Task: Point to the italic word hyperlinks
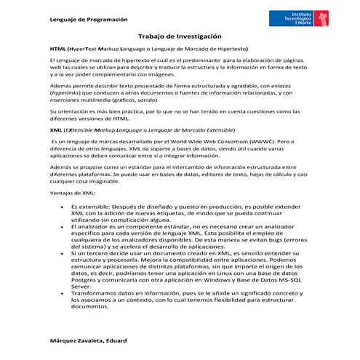tap(66, 93)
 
